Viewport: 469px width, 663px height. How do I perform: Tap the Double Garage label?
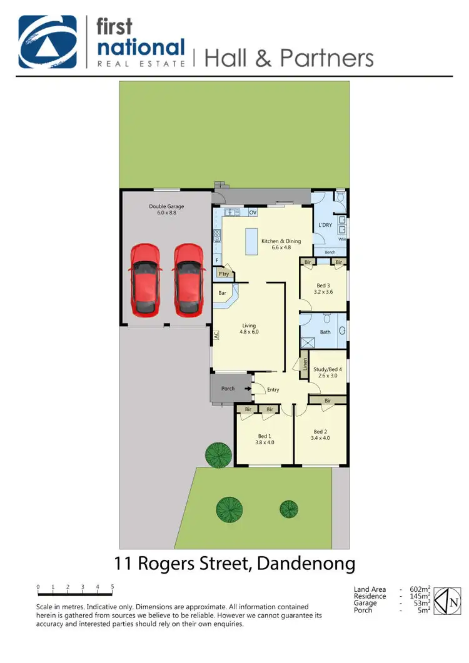[166, 209]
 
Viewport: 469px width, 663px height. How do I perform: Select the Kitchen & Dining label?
[281, 244]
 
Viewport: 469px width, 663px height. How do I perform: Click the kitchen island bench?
[253, 241]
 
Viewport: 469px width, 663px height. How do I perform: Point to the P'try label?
[223, 274]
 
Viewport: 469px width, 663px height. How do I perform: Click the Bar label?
[222, 292]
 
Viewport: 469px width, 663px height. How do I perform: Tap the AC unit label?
[216, 335]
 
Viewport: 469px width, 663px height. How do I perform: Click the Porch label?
[228, 389]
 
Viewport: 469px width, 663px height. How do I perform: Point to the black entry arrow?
[248, 389]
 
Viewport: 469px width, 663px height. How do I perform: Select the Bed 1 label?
[265, 439]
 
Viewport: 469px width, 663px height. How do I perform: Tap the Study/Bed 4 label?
[328, 372]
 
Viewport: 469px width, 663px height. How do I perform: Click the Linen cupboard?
[305, 364]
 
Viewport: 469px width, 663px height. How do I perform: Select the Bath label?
[325, 332]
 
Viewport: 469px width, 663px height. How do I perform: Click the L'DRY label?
[325, 225]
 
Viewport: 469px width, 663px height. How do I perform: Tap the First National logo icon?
[48, 41]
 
